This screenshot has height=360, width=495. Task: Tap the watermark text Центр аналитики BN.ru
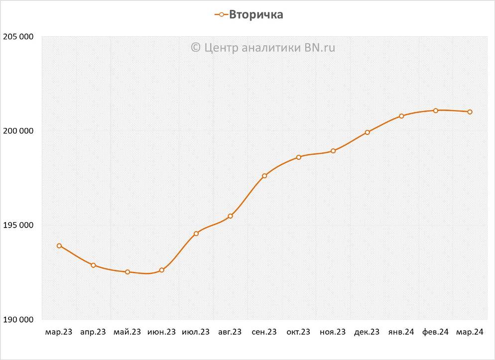point(263,47)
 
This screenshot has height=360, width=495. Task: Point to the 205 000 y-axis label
point(18,37)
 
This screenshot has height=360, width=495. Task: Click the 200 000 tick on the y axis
point(18,131)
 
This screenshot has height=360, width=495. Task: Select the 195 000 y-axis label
point(18,225)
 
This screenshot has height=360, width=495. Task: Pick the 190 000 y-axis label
point(18,319)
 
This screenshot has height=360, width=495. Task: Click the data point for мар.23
point(59,245)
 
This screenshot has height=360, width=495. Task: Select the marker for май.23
point(127,272)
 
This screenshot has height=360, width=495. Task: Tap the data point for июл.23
point(196,233)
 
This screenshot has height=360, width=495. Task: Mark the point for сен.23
point(264,176)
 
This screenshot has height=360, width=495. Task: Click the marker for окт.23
point(299,157)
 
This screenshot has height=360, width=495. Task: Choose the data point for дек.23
point(367,132)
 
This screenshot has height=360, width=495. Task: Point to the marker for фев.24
point(436,111)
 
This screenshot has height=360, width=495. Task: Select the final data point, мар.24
point(470,112)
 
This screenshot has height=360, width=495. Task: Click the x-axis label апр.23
point(93,332)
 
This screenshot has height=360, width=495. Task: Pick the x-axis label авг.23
point(230,332)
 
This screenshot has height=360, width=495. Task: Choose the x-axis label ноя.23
point(333,332)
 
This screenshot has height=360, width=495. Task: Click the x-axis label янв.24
point(401,332)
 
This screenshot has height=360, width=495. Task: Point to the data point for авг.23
point(230,216)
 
